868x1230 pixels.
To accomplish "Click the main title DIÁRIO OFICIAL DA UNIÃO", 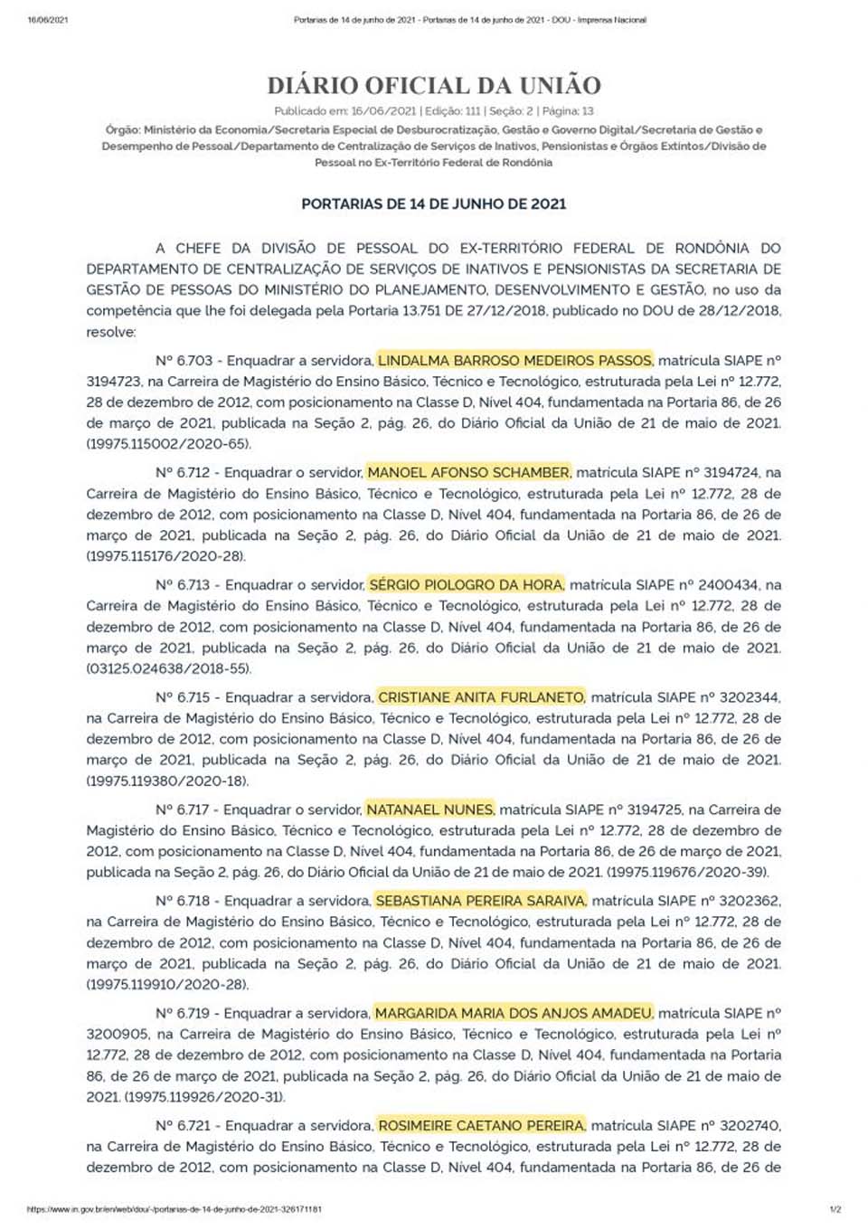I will [x=434, y=86].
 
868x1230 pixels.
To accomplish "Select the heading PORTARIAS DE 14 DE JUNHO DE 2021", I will [x=434, y=204].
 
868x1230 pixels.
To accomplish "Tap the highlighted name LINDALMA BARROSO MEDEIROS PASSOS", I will [x=514, y=360].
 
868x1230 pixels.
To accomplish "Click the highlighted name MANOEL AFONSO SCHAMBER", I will [x=468, y=472].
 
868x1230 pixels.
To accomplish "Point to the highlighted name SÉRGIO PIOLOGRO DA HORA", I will [x=466, y=585].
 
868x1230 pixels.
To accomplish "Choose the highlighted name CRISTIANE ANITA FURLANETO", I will [x=481, y=697].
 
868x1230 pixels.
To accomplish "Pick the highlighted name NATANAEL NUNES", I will [x=429, y=809].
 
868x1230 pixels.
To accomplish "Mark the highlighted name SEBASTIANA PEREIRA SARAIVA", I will [x=481, y=901].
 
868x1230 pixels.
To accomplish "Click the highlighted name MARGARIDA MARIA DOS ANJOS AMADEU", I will [x=514, y=1013].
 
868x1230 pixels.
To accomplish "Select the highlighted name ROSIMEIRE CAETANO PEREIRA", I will [x=481, y=1126].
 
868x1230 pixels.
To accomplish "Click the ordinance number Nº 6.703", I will [x=184, y=360].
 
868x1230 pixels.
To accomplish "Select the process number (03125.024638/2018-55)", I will [x=169, y=669].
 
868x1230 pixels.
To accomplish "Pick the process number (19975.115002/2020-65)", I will [x=169, y=444].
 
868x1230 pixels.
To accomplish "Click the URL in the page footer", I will [x=175, y=1209].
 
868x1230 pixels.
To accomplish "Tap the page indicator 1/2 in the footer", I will [x=835, y=1209].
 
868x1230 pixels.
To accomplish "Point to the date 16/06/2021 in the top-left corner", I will [x=48, y=20].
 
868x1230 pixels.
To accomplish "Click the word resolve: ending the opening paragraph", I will [x=111, y=332].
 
